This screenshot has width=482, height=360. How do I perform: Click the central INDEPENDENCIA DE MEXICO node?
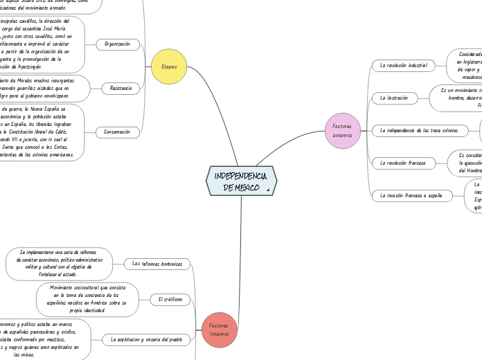click(x=241, y=180)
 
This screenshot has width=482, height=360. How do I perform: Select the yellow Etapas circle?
click(x=169, y=66)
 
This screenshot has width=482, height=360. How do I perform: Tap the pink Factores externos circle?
click(x=342, y=130)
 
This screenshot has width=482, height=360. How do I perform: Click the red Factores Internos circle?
click(x=219, y=329)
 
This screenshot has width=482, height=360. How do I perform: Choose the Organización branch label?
click(x=117, y=44)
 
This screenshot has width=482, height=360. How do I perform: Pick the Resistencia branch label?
click(x=120, y=89)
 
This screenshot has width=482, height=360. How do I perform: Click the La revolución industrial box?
click(x=403, y=66)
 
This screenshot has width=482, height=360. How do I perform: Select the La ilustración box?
click(x=393, y=98)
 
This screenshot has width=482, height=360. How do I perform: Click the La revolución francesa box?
click(x=403, y=163)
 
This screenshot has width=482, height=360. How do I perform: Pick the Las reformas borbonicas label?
click(x=157, y=264)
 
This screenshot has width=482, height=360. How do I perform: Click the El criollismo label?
click(x=170, y=299)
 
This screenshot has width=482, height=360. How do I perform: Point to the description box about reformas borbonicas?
click(x=59, y=264)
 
